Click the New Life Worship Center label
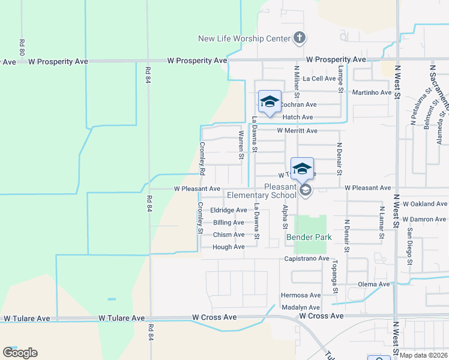[244, 39]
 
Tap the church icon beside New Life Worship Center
[299, 38]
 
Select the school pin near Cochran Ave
[270, 101]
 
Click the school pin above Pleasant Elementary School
[302, 168]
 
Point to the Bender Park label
[309, 238]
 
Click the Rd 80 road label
[22, 48]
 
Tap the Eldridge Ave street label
[229, 210]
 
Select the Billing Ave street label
[229, 223]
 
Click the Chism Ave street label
[229, 235]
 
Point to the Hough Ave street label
[229, 247]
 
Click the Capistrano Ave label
[307, 259]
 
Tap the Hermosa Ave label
[301, 295]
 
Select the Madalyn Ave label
[301, 307]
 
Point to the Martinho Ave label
[372, 92]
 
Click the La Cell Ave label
[319, 79]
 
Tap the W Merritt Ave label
[297, 131]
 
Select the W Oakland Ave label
[425, 204]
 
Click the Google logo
[20, 352]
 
